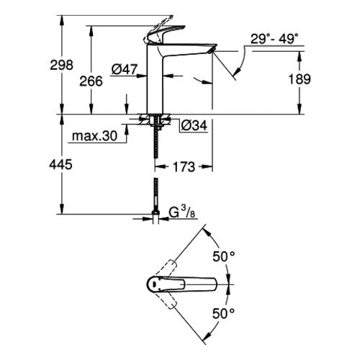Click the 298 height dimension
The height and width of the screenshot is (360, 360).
pyautogui.click(x=61, y=65)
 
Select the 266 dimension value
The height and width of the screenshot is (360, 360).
pyautogui.click(x=91, y=81)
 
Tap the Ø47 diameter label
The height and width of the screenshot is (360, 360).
pyautogui.click(x=125, y=69)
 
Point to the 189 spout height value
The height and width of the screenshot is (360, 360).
pyautogui.click(x=300, y=79)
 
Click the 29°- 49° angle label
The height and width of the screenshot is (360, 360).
pyautogui.click(x=274, y=39)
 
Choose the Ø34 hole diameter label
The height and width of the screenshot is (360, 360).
pyautogui.click(x=194, y=125)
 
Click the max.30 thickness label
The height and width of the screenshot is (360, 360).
pyautogui.click(x=94, y=136)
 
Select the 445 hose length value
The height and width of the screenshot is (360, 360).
pyautogui.click(x=60, y=165)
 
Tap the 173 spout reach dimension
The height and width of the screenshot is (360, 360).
pyautogui.click(x=184, y=167)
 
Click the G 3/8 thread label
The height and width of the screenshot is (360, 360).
pyautogui.click(x=182, y=212)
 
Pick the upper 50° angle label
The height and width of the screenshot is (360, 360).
pyautogui.click(x=223, y=256)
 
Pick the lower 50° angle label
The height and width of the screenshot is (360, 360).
pyautogui.click(x=223, y=313)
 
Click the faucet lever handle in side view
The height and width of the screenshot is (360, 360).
pyautogui.click(x=164, y=35)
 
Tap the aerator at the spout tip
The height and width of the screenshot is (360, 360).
pyautogui.click(x=212, y=50)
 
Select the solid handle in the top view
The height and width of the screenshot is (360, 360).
pyautogui.click(x=181, y=284)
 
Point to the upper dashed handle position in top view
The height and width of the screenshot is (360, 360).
pyautogui.click(x=166, y=268)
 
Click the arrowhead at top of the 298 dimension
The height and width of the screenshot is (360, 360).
pyautogui.click(x=62, y=20)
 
